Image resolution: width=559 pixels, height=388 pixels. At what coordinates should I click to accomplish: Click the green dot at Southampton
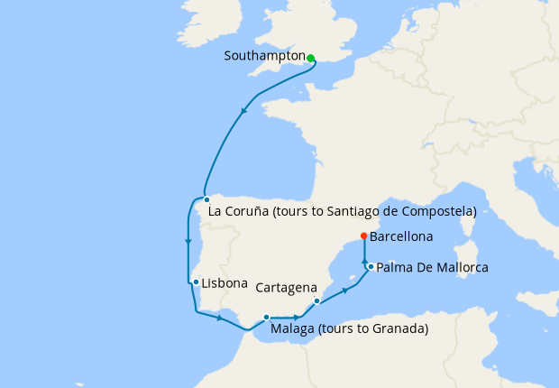[310, 58]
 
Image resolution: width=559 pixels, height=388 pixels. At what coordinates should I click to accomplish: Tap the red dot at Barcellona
[363, 236]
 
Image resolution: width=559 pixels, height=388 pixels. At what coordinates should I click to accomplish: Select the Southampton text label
[264, 56]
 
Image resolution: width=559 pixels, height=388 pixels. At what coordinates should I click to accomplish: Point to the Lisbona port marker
[196, 282]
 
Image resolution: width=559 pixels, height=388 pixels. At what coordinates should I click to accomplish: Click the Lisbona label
[225, 283]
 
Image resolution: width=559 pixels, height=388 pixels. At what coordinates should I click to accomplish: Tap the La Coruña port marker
[206, 199]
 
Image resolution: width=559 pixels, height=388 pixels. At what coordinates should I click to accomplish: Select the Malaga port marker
[266, 317]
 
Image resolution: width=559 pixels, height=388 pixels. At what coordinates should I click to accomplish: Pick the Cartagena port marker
[316, 300]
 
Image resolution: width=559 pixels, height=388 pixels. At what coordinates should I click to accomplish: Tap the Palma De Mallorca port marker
[371, 266]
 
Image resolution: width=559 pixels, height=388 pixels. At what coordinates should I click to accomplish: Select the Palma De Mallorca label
[432, 268]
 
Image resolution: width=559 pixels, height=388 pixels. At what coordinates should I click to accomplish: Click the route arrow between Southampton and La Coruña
[244, 111]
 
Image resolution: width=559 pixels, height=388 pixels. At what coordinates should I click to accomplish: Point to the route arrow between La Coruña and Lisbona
[188, 241]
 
